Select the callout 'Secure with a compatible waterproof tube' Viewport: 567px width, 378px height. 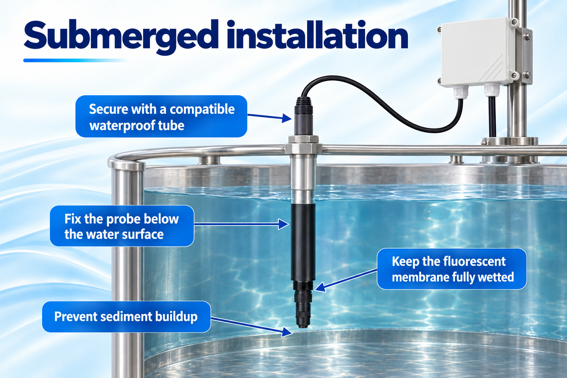click(x=161, y=116)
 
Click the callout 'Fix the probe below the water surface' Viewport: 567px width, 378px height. click(x=122, y=226)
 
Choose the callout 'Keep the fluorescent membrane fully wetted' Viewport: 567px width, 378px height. click(x=452, y=269)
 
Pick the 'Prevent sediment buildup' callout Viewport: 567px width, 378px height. click(x=126, y=316)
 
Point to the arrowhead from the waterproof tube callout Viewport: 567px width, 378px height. click(x=287, y=118)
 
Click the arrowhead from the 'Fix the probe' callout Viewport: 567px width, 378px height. click(x=283, y=224)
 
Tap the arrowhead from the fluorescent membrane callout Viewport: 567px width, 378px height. click(x=320, y=287)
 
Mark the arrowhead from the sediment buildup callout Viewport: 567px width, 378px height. click(x=287, y=332)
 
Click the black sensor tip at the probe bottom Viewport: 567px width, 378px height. click(x=303, y=309)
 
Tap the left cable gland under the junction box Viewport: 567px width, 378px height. click(x=460, y=92)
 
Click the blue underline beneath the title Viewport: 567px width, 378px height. click(x=76, y=61)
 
